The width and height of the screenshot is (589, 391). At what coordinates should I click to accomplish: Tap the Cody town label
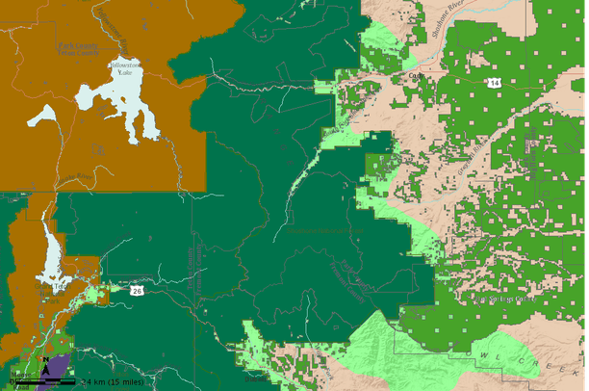415,76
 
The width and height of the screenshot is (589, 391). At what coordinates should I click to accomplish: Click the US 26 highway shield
139,290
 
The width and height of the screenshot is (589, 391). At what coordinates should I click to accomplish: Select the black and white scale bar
43,383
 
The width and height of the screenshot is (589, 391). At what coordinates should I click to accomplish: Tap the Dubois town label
255,378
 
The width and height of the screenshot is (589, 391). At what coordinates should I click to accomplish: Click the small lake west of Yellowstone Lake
43,117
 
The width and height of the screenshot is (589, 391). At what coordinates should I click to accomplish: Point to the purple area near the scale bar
56,367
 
